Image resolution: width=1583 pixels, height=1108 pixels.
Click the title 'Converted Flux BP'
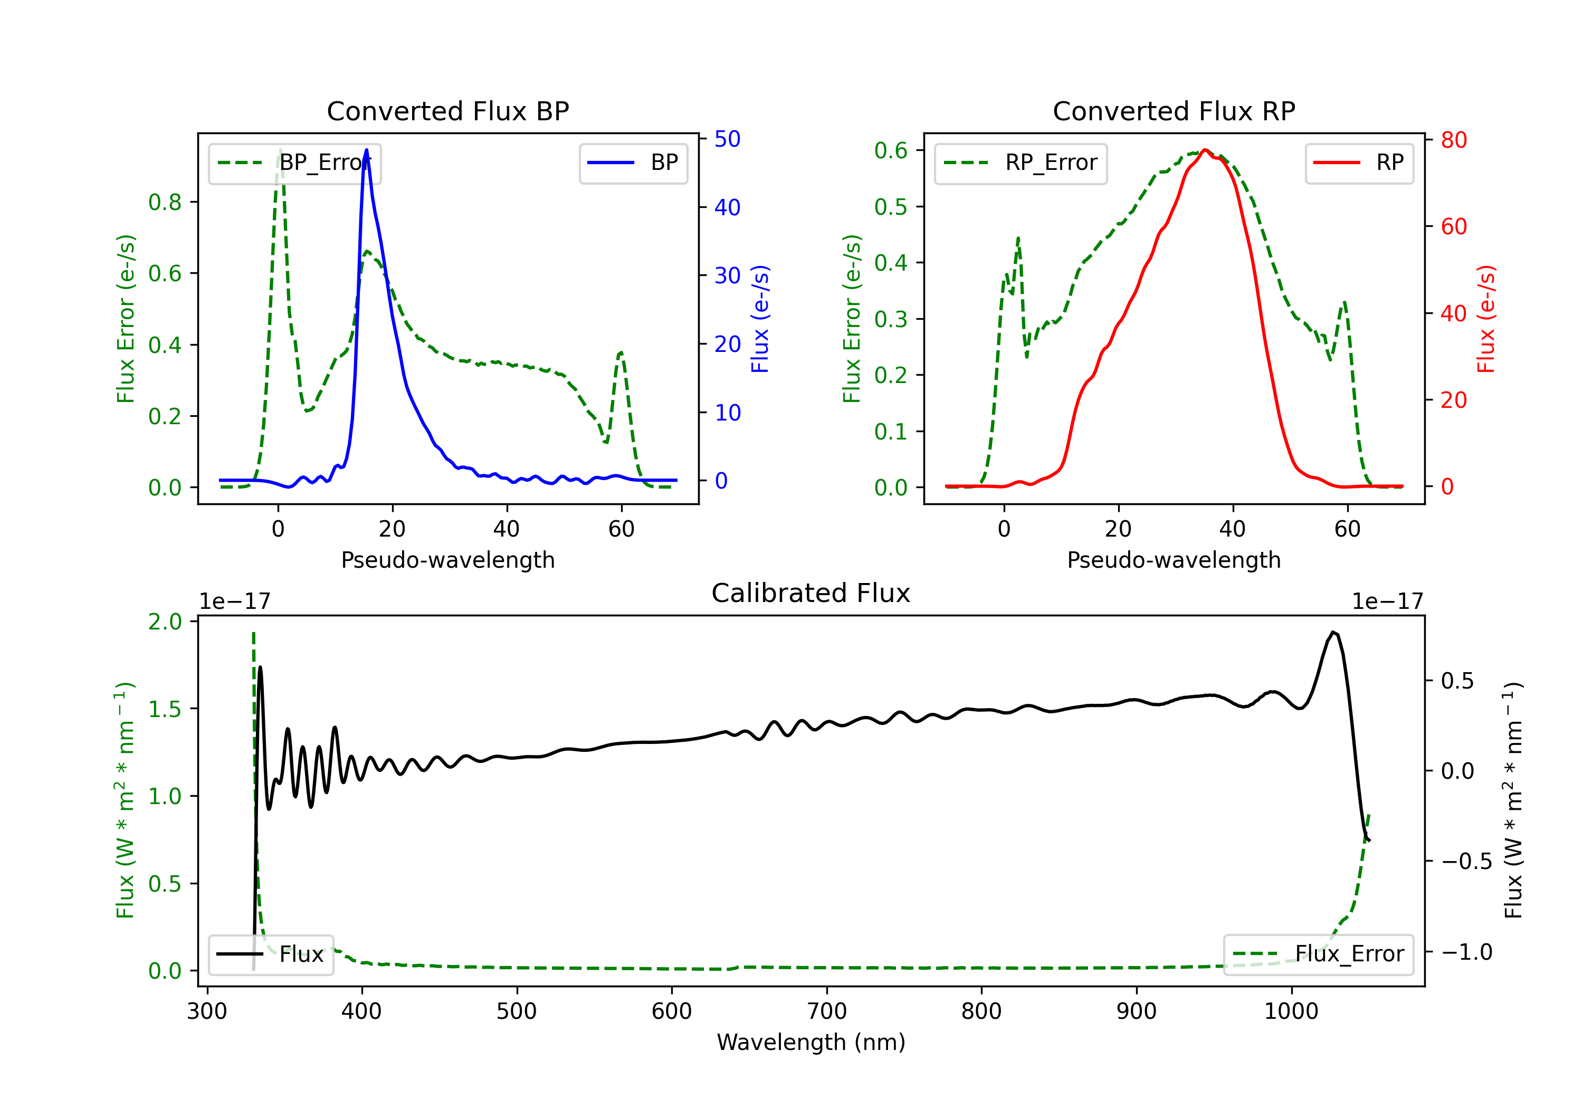tap(447, 111)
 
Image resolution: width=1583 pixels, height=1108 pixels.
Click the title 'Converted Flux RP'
tap(1174, 111)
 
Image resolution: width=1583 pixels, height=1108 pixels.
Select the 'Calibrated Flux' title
tap(811, 593)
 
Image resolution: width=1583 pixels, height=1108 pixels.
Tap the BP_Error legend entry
tap(294, 163)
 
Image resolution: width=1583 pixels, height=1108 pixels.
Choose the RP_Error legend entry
tap(1021, 163)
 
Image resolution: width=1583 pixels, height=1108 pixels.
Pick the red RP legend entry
tap(1359, 163)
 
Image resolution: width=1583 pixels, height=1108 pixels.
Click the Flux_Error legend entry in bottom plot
tap(1318, 954)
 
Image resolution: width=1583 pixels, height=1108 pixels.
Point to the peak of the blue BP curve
tap(366, 150)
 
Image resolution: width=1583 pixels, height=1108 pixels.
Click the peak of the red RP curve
tap(1205, 150)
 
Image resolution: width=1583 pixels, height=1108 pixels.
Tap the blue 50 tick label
tap(727, 139)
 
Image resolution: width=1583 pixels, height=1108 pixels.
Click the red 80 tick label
tap(1453, 140)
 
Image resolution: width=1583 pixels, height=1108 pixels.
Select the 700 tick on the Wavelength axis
tap(827, 1011)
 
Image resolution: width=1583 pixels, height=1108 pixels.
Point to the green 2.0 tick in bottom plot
tap(165, 622)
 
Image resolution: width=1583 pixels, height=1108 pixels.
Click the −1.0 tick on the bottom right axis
tap(1466, 952)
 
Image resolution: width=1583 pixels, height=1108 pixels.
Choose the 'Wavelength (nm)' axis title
tap(811, 1042)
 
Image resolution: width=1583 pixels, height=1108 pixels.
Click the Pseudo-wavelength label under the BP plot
tap(447, 560)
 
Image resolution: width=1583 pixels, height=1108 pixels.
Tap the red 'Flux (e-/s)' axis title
tap(1486, 319)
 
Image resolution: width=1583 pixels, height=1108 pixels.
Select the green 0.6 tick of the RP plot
tap(890, 150)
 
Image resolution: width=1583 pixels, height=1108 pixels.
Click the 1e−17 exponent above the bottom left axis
tap(235, 601)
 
